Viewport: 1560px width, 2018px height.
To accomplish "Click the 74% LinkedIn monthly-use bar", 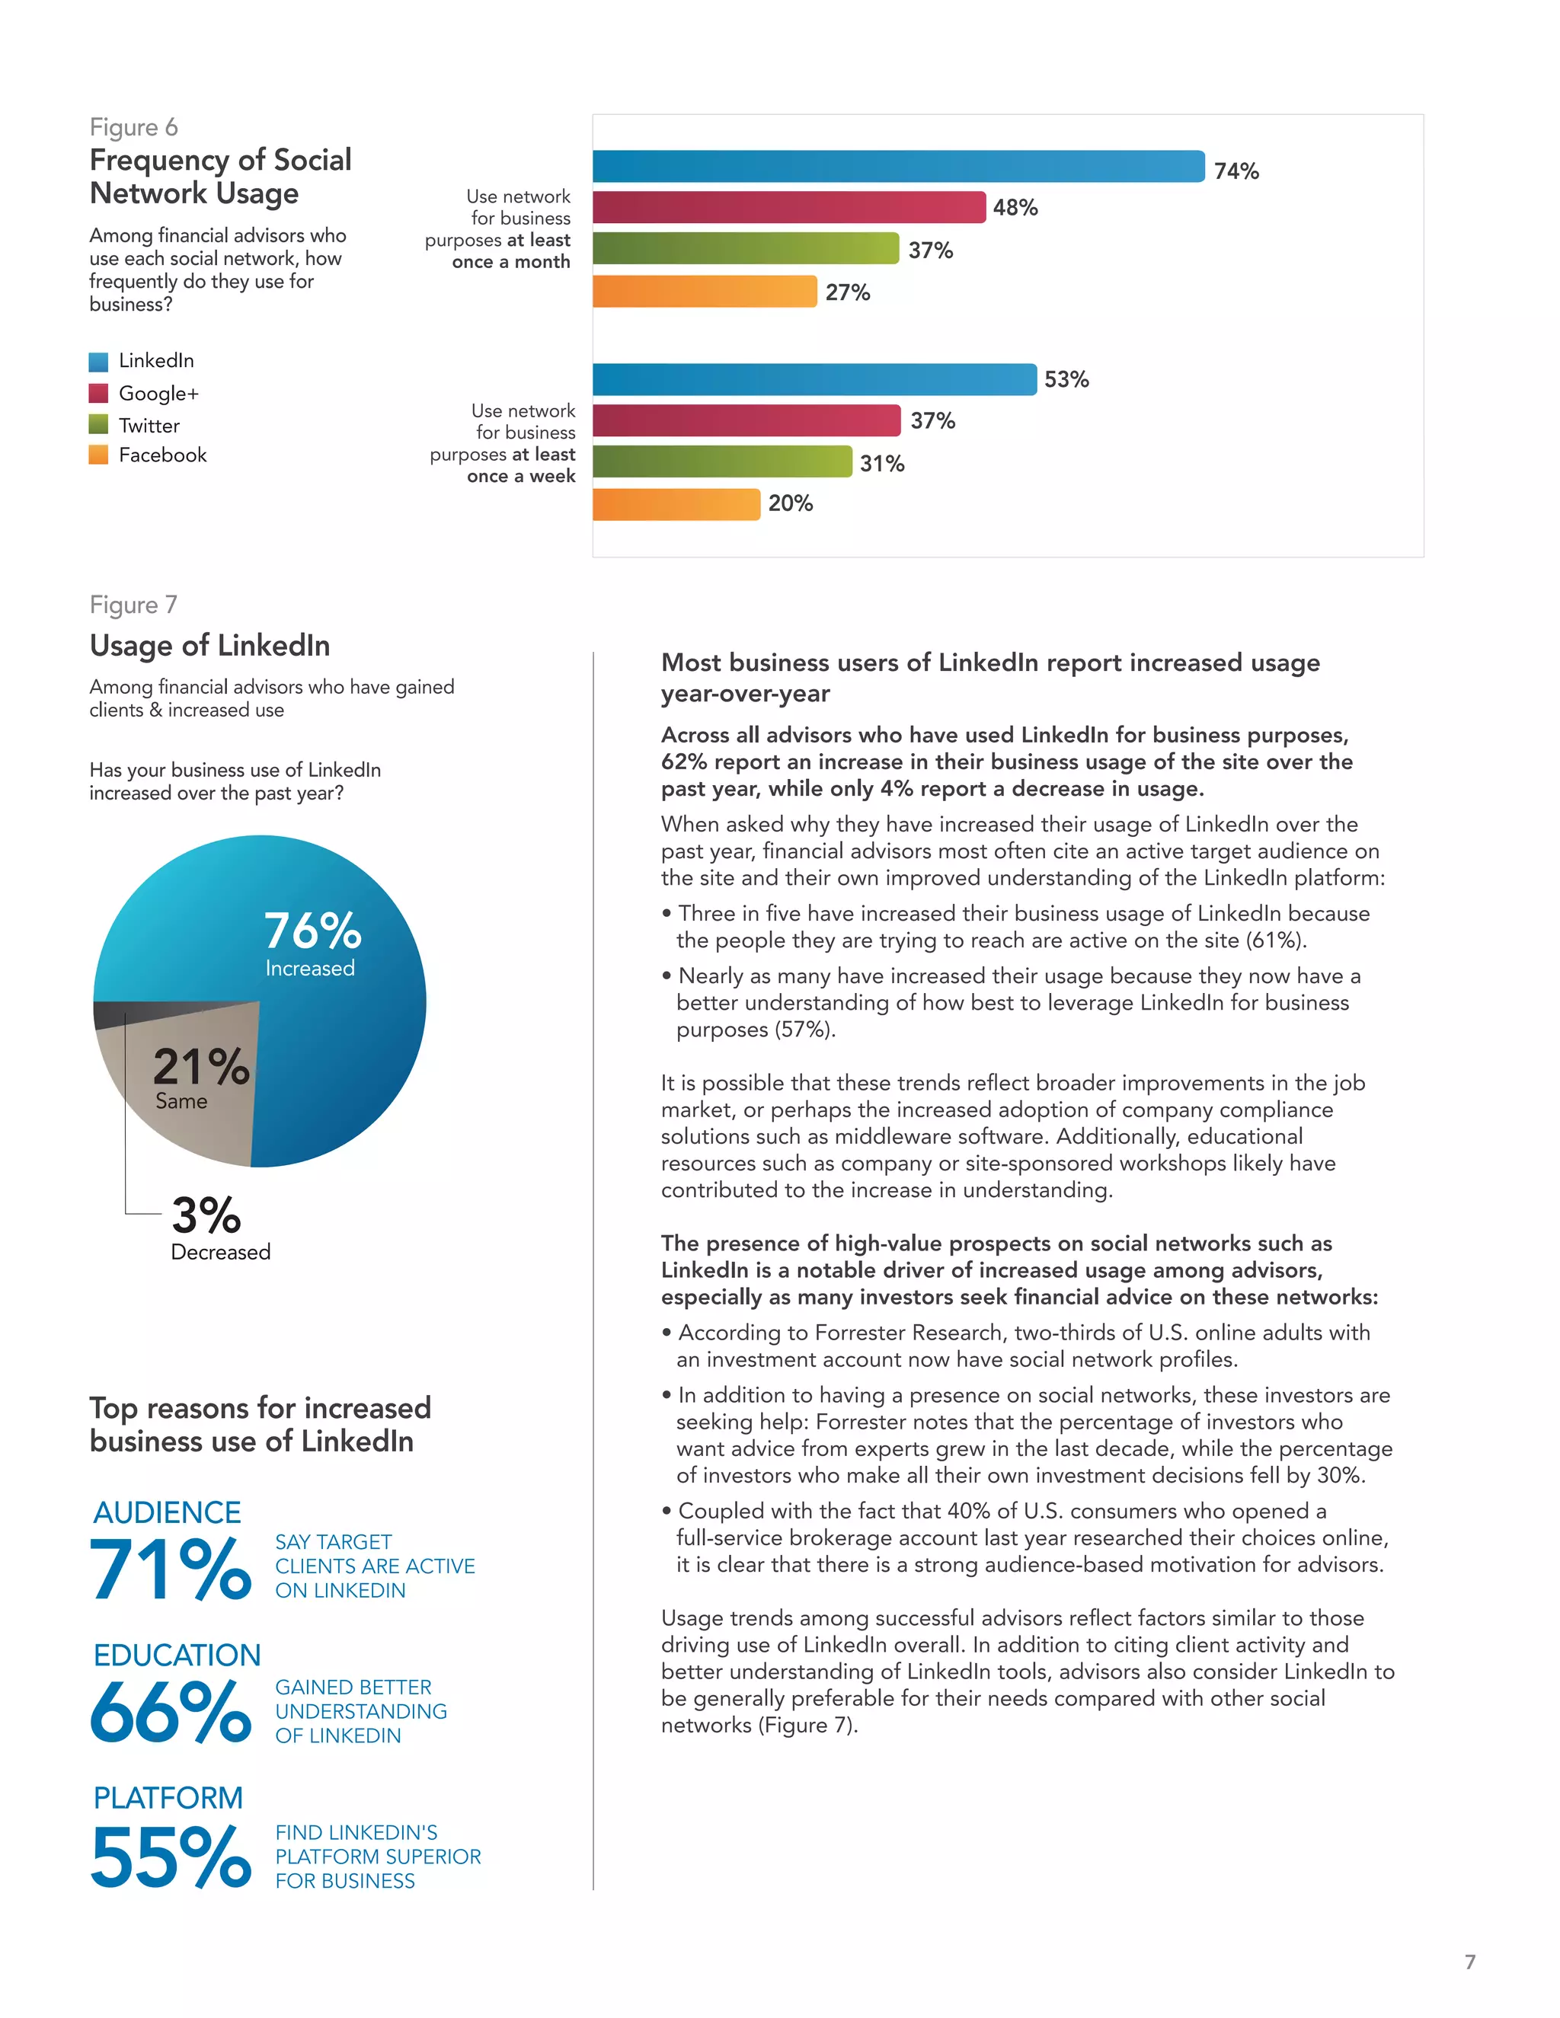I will click(898, 166).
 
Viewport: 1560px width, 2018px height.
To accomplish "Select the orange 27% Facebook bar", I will click(705, 291).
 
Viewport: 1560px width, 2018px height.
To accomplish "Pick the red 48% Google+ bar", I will click(788, 207).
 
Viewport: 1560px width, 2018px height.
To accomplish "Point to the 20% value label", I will click(790, 503).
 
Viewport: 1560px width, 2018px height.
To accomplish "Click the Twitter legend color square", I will click(99, 425).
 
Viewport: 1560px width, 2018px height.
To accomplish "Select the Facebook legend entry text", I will click(163, 455).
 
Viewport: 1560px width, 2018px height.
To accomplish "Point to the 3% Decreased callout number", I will click(206, 1215).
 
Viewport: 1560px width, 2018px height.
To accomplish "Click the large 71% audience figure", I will click(170, 1569).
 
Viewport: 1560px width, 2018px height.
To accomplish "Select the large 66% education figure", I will click(170, 1712).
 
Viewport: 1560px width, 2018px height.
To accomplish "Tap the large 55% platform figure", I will click(170, 1857).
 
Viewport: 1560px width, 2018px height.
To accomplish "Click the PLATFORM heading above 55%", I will click(168, 1798).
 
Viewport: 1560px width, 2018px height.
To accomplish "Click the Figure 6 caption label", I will click(134, 127).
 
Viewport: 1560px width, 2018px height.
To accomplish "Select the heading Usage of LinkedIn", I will click(209, 645).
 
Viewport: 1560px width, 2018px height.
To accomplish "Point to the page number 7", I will click(1469, 1961).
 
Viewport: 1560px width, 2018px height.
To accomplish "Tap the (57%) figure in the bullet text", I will click(802, 1030).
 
